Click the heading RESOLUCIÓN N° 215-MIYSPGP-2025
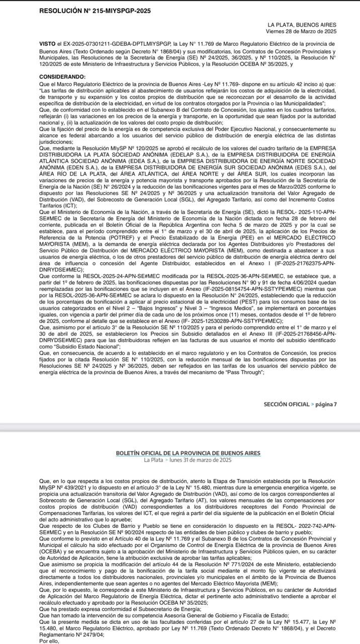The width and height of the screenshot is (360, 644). point(95,11)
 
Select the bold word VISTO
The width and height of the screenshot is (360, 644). point(48,44)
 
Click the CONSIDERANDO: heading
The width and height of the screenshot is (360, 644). point(62,76)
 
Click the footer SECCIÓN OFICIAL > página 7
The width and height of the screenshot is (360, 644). point(300,404)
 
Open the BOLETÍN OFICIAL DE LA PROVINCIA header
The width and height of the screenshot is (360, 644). point(188,453)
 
